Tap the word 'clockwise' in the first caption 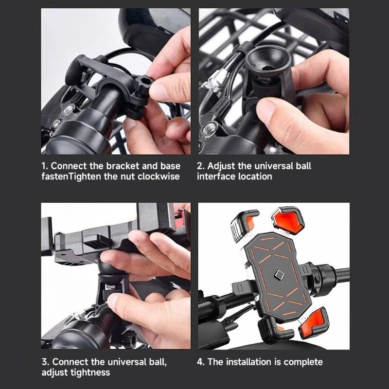pyautogui.click(x=159, y=177)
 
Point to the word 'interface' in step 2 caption pyautogui.click(x=216, y=177)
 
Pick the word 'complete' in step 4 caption pyautogui.click(x=303, y=362)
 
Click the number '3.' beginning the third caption pyautogui.click(x=46, y=362)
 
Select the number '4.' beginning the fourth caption pyautogui.click(x=201, y=362)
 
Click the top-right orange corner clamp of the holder pyautogui.click(x=288, y=220)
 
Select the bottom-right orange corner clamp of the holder pyautogui.click(x=314, y=321)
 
